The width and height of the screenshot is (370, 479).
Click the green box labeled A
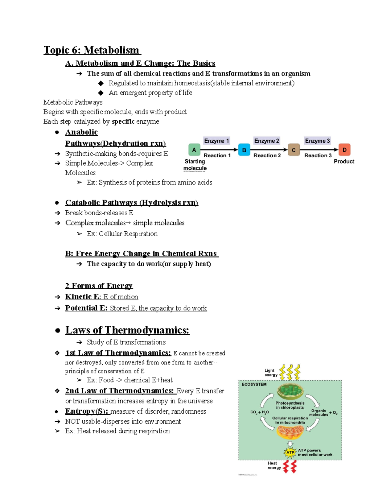[194, 150]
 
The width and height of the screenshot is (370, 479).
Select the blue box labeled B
[244, 150]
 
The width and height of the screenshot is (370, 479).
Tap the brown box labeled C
[294, 150]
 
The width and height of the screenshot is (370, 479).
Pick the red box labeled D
[344, 150]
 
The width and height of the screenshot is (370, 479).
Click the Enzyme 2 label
[266, 141]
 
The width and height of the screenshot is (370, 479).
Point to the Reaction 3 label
[318, 155]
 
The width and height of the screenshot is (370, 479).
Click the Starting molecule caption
[195, 165]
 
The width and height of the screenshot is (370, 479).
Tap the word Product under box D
[344, 161]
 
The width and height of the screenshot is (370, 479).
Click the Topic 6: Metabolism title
[92, 50]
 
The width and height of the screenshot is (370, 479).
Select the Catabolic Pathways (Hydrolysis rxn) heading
[132, 203]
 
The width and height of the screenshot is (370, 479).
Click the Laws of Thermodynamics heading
[127, 330]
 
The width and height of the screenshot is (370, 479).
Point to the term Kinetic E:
[83, 297]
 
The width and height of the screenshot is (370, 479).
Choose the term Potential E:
[86, 308]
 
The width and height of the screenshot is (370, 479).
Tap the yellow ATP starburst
[290, 452]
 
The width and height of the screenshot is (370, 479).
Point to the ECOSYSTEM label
[254, 384]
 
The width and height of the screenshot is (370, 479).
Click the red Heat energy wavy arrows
[290, 466]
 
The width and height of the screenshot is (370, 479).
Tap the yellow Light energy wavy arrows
[290, 372]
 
